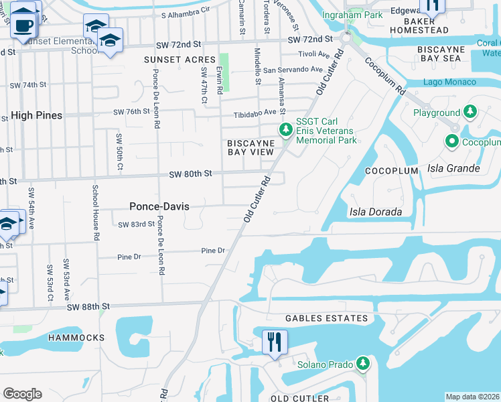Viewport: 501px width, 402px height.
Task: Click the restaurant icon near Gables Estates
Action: [275, 342]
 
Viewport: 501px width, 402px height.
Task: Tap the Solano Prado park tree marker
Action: [362, 363]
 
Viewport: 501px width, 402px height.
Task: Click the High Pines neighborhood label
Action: [36, 115]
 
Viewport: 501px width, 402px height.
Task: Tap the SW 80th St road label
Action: [190, 174]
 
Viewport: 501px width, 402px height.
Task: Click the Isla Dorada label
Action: [375, 212]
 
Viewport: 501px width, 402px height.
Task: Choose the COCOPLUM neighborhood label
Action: [391, 172]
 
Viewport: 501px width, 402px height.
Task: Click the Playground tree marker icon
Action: [470, 112]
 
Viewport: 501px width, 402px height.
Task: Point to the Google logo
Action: [22, 394]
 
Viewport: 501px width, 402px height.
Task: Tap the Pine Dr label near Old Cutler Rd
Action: [213, 251]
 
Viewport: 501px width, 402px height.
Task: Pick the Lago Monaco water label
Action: [449, 82]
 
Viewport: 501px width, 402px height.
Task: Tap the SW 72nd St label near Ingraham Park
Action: [311, 40]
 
